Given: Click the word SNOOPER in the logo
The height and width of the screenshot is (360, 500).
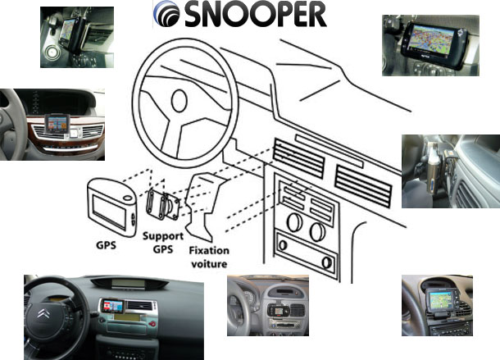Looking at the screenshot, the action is (x=256, y=14).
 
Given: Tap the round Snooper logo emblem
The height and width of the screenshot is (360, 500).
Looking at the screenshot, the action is (x=166, y=13).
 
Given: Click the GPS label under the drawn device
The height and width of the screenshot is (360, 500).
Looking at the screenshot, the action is (x=106, y=245).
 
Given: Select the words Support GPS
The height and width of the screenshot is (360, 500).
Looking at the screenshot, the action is (x=163, y=243).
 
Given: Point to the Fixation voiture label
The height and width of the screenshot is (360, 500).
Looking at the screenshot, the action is (x=209, y=257).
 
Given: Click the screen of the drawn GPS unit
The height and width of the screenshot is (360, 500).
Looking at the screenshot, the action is (x=109, y=212).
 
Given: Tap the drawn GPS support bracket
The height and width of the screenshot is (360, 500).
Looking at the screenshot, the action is (x=162, y=205).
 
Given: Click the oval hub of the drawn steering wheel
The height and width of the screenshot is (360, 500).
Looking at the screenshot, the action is (x=179, y=101).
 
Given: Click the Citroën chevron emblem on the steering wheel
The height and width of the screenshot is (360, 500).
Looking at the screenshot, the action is (x=43, y=314).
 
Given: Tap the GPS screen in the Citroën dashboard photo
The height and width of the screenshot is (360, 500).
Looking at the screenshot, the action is (x=112, y=306).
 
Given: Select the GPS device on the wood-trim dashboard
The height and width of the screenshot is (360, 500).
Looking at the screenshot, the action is (x=57, y=124).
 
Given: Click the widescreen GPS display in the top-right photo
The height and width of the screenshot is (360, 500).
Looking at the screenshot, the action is (x=431, y=39).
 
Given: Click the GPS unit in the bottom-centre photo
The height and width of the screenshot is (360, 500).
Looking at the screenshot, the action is (x=277, y=310).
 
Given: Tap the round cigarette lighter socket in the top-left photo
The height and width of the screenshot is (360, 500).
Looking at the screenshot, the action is (x=52, y=52).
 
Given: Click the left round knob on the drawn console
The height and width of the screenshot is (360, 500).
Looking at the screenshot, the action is (x=294, y=222).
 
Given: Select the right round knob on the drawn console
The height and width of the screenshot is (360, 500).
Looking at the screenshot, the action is (x=317, y=232).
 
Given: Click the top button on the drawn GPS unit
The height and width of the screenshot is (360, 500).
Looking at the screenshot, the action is (x=127, y=198).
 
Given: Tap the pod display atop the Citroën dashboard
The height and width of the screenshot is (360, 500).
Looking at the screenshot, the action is (x=130, y=283).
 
